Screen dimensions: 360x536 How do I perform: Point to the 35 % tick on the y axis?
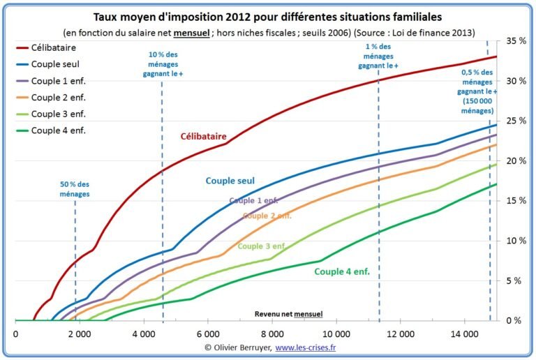(x=513, y=41)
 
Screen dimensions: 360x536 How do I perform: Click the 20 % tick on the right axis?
(x=513, y=161)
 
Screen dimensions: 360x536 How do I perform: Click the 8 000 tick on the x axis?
(x=272, y=334)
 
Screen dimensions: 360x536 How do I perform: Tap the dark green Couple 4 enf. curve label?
(x=341, y=271)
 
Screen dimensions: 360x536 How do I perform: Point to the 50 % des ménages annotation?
(x=75, y=189)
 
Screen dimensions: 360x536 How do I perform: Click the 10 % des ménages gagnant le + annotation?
(x=163, y=59)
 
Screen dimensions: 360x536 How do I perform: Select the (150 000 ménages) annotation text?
(x=476, y=106)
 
